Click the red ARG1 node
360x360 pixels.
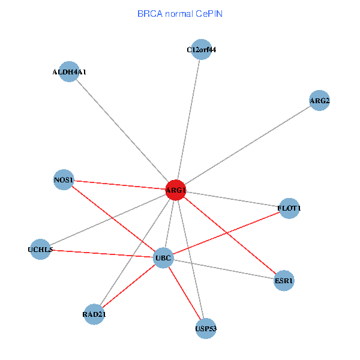[x=176, y=190]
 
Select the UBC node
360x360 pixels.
[x=164, y=259]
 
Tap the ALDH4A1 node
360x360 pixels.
[x=70, y=72]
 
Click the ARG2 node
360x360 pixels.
[x=319, y=101]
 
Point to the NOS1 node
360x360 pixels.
[x=64, y=180]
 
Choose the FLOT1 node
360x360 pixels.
[x=289, y=208]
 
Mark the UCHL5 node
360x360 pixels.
[x=41, y=250]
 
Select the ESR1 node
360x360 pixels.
[x=284, y=280]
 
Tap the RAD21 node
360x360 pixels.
[x=94, y=314]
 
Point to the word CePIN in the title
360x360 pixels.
[x=209, y=13]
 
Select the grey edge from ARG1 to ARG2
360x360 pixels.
[x=247, y=146]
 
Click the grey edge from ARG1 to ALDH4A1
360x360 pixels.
[x=123, y=131]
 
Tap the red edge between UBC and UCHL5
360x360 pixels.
[x=102, y=254]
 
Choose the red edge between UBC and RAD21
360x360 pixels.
[x=129, y=286]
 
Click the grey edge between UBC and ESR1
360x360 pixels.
[x=224, y=269]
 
